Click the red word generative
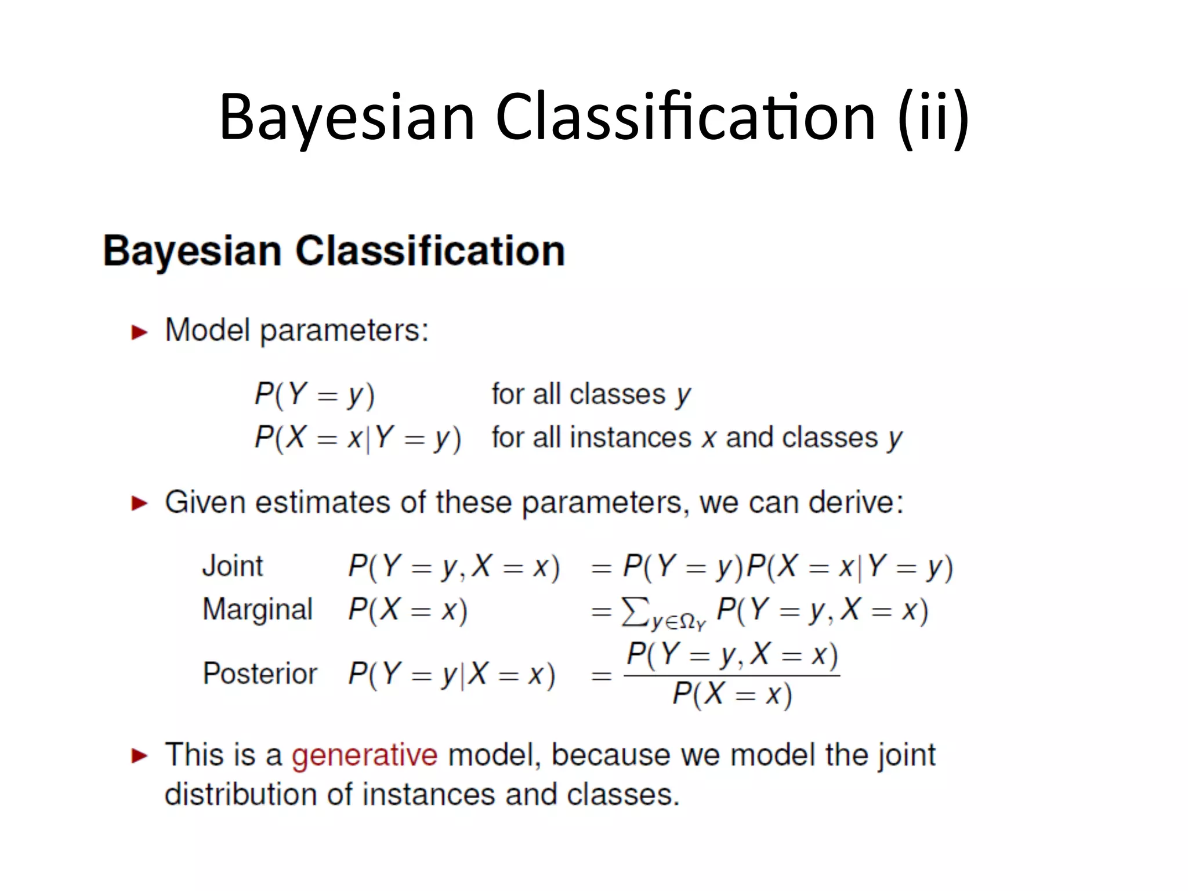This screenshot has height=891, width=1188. pyautogui.click(x=364, y=755)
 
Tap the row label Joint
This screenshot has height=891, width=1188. pyautogui.click(x=233, y=566)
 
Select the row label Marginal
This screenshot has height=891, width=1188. pyautogui.click(x=258, y=610)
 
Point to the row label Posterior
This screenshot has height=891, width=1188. pyautogui.click(x=260, y=674)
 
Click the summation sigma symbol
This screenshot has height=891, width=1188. pyautogui.click(x=635, y=611)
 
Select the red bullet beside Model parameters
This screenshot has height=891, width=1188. pyautogui.click(x=139, y=332)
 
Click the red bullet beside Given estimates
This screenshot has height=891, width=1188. pyautogui.click(x=139, y=503)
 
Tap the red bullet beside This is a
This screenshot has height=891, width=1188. pyautogui.click(x=139, y=756)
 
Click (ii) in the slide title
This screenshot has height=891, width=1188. pyautogui.click(x=933, y=118)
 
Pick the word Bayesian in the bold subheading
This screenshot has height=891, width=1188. pyautogui.click(x=192, y=251)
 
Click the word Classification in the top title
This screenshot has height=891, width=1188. pyautogui.click(x=686, y=118)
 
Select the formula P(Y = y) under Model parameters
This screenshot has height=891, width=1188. pyautogui.click(x=315, y=395)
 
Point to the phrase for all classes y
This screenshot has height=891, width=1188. pyautogui.click(x=591, y=395)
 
